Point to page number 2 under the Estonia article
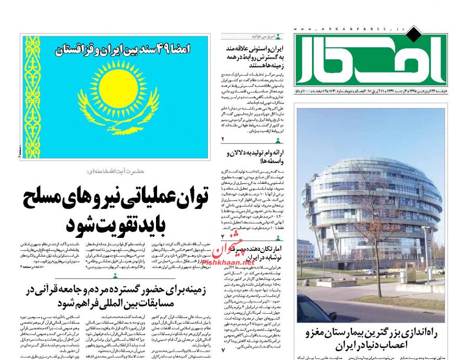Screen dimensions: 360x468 pos(223,140)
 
